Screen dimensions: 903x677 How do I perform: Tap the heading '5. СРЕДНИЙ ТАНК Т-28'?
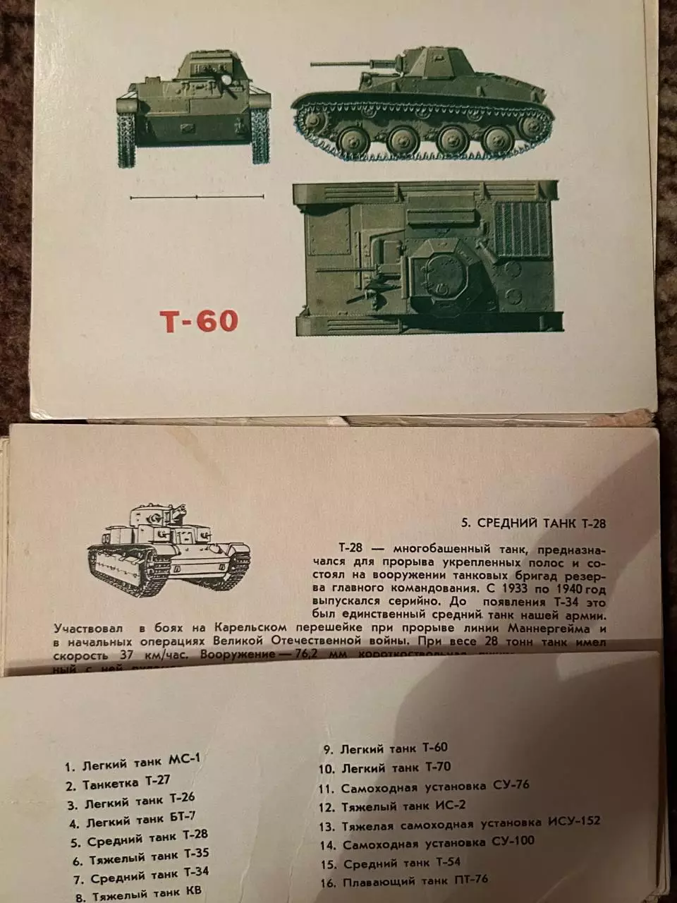pos(532,523)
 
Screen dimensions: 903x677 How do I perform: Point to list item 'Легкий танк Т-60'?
pos(385,749)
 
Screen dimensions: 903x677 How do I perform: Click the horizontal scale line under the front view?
pos(197,198)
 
